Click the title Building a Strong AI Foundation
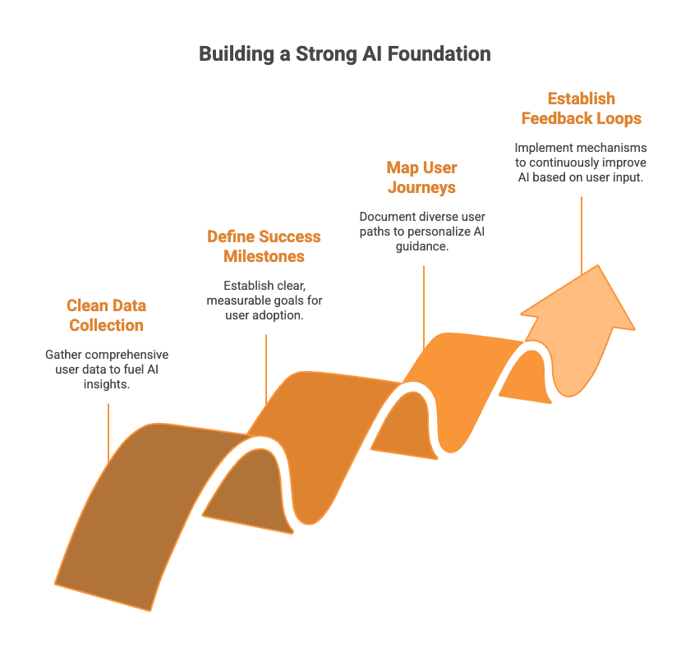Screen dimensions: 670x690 [345, 54]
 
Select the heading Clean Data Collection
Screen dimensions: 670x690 [106, 315]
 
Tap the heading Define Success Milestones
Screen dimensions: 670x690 [264, 246]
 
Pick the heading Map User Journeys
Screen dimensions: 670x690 [421, 177]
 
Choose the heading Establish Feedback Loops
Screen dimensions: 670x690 [581, 108]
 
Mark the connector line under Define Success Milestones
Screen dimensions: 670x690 [266, 369]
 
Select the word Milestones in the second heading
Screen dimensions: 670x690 [264, 256]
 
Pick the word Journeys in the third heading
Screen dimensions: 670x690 [421, 187]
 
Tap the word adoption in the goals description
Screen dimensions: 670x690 [283, 315]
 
